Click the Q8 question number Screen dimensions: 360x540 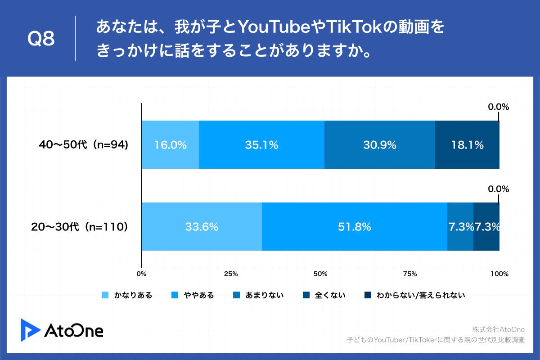pos(41,39)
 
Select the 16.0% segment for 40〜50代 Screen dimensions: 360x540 pos(170,145)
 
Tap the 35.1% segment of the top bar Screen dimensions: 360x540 pos(261,145)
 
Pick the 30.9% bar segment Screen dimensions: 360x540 pos(380,145)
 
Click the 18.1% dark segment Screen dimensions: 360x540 pos(468,145)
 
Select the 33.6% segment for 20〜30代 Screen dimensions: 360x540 pos(202,227)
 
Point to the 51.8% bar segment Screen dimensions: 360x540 pos(355,227)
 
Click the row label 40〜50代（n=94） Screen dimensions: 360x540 pos(84,145)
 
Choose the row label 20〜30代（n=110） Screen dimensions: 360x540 pos(80,227)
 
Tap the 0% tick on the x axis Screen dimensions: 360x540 pos(142,274)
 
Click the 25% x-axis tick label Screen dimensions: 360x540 pos(231,274)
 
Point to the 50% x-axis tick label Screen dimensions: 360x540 pos(320,274)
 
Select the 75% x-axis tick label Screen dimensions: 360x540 pos(410,274)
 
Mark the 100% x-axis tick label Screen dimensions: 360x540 pos(499,274)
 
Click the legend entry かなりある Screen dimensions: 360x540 pos(127,296)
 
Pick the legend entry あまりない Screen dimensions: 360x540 pos(258,296)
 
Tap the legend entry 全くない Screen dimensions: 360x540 pos(324,296)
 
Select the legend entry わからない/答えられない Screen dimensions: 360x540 pos(414,296)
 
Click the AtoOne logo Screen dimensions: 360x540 pos(62,329)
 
